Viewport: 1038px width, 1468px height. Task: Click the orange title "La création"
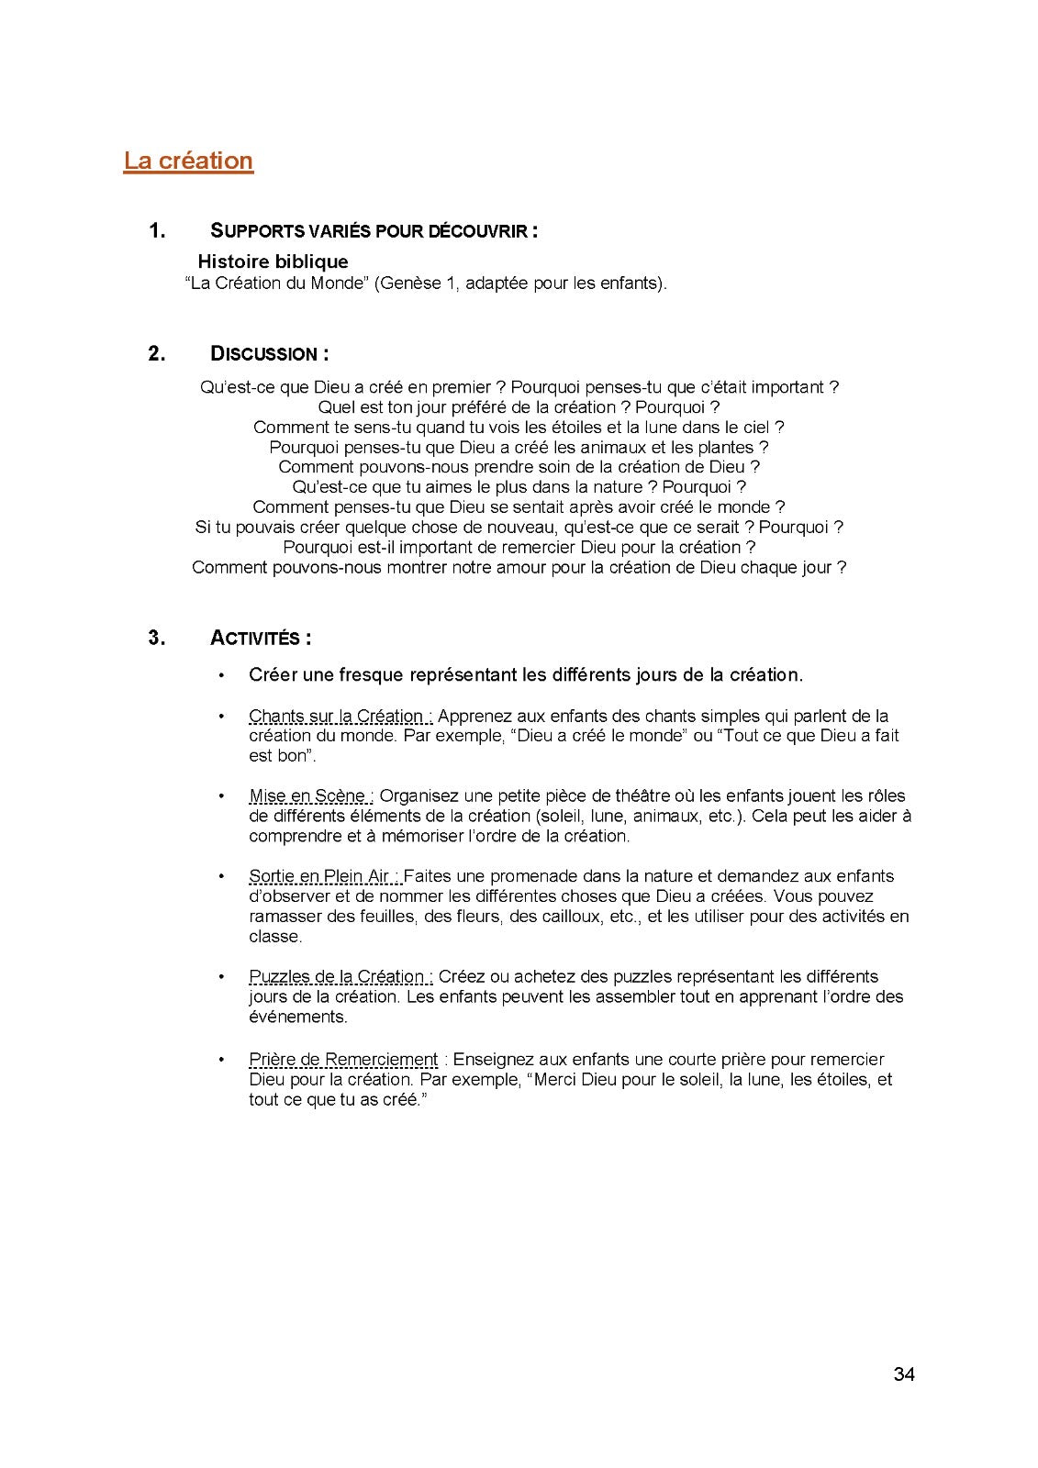(x=188, y=161)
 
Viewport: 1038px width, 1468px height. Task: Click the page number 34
(x=904, y=1373)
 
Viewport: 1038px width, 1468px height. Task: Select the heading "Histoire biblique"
(x=273, y=261)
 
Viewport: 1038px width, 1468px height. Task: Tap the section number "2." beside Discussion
(x=157, y=353)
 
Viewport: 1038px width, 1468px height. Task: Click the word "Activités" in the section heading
(x=255, y=638)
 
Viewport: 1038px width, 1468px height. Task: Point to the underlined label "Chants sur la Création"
(x=336, y=716)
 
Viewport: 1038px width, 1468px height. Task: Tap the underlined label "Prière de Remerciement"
(x=343, y=1060)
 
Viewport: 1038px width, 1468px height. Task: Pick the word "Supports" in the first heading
(x=251, y=230)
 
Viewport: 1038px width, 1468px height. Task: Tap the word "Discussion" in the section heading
(x=263, y=353)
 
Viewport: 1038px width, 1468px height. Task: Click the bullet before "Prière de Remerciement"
(x=221, y=1060)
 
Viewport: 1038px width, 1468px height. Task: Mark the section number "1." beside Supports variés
(x=157, y=230)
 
